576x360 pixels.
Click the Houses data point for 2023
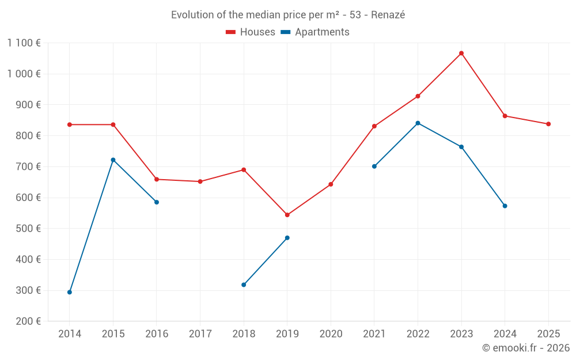(x=461, y=54)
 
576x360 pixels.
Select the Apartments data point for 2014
(x=70, y=292)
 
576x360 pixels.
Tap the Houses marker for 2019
(x=287, y=215)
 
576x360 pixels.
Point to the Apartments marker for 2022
(x=418, y=123)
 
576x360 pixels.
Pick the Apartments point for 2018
(x=244, y=285)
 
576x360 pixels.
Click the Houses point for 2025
(x=548, y=124)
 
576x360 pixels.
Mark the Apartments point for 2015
(x=113, y=160)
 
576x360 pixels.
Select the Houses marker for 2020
(x=331, y=184)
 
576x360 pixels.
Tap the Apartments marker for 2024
(x=505, y=206)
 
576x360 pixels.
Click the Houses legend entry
(x=251, y=32)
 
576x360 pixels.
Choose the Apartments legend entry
(x=315, y=32)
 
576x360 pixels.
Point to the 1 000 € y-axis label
(x=24, y=74)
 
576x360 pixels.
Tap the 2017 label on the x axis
(x=200, y=334)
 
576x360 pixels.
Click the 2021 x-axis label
(x=374, y=334)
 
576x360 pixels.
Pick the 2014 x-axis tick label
(x=70, y=334)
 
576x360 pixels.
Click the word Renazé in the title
(x=388, y=15)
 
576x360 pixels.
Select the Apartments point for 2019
(x=287, y=238)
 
